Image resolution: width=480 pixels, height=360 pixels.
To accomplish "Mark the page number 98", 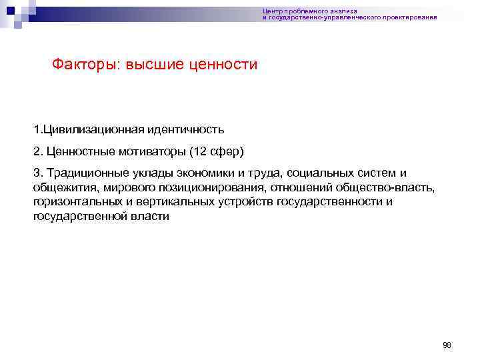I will pyautogui.click(x=447, y=345).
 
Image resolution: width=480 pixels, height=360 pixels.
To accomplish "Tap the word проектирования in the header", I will pyautogui.click(x=413, y=17).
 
